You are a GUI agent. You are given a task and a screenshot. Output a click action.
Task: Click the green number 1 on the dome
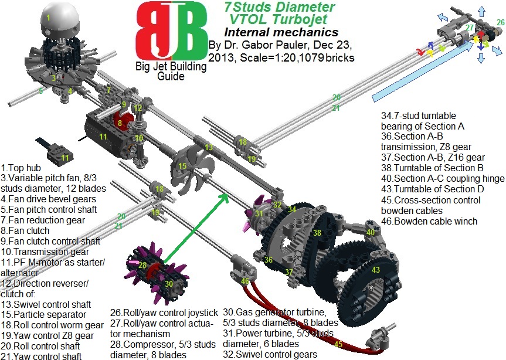(49, 18)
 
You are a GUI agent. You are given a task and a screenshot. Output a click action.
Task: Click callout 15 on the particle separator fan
(182, 167)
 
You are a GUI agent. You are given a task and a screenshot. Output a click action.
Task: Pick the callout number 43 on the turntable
(376, 270)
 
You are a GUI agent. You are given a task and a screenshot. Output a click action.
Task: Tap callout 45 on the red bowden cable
(338, 344)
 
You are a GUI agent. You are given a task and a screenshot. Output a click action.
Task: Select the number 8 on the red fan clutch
(119, 124)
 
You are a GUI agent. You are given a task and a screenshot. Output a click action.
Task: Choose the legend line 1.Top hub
(23, 168)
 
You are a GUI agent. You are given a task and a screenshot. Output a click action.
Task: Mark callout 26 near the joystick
(500, 22)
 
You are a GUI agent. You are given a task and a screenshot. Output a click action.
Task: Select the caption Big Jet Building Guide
(170, 71)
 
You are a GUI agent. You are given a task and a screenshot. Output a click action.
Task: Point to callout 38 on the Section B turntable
(317, 233)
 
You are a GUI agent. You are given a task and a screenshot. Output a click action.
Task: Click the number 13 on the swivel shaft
(209, 148)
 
